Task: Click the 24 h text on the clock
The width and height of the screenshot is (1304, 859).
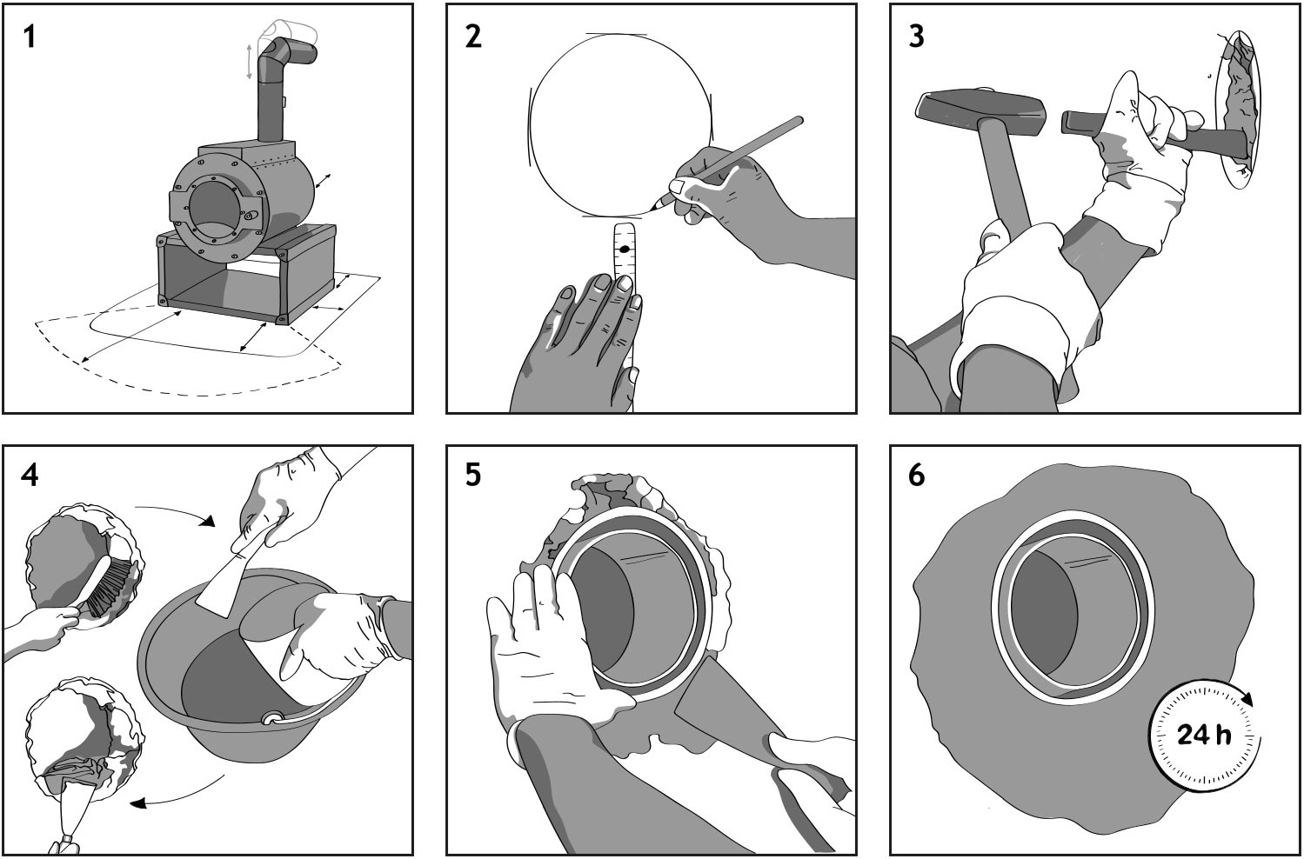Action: pos(1204,736)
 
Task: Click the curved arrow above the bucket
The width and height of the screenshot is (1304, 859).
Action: pos(174,510)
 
